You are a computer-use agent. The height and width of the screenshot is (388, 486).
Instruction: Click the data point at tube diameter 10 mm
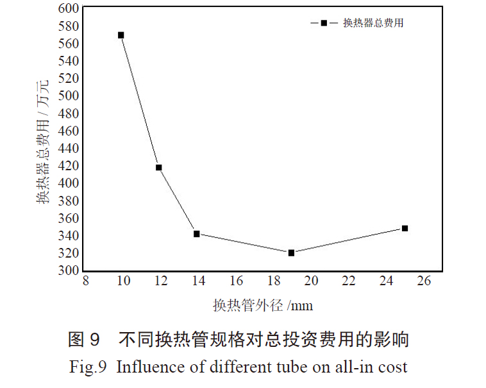[x=121, y=35]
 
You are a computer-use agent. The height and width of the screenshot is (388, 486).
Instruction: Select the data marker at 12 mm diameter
[x=158, y=168]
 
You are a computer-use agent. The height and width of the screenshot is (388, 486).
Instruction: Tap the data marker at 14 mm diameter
[x=197, y=234]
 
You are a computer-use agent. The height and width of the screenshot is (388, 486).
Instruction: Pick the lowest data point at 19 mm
[x=291, y=253]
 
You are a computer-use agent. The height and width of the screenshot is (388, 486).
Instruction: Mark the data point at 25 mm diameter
[x=405, y=228]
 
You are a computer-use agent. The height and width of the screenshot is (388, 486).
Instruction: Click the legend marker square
[x=324, y=23]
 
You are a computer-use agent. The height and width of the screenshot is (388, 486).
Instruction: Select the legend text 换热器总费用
[x=373, y=23]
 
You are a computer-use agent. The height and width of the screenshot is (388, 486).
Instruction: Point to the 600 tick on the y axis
[x=69, y=8]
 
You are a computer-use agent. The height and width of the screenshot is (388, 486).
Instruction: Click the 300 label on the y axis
[x=69, y=270]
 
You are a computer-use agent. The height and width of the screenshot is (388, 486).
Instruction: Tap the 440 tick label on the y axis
[x=69, y=148]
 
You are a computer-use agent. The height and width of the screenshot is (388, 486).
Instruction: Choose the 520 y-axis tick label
[x=69, y=78]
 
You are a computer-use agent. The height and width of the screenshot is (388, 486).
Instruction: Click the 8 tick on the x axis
[x=85, y=281]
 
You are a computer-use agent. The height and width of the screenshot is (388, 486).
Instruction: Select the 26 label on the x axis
[x=423, y=281]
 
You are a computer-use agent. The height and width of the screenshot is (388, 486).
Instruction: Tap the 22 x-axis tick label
[x=348, y=281]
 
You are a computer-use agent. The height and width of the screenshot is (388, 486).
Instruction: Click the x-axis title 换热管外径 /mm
[x=263, y=305]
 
